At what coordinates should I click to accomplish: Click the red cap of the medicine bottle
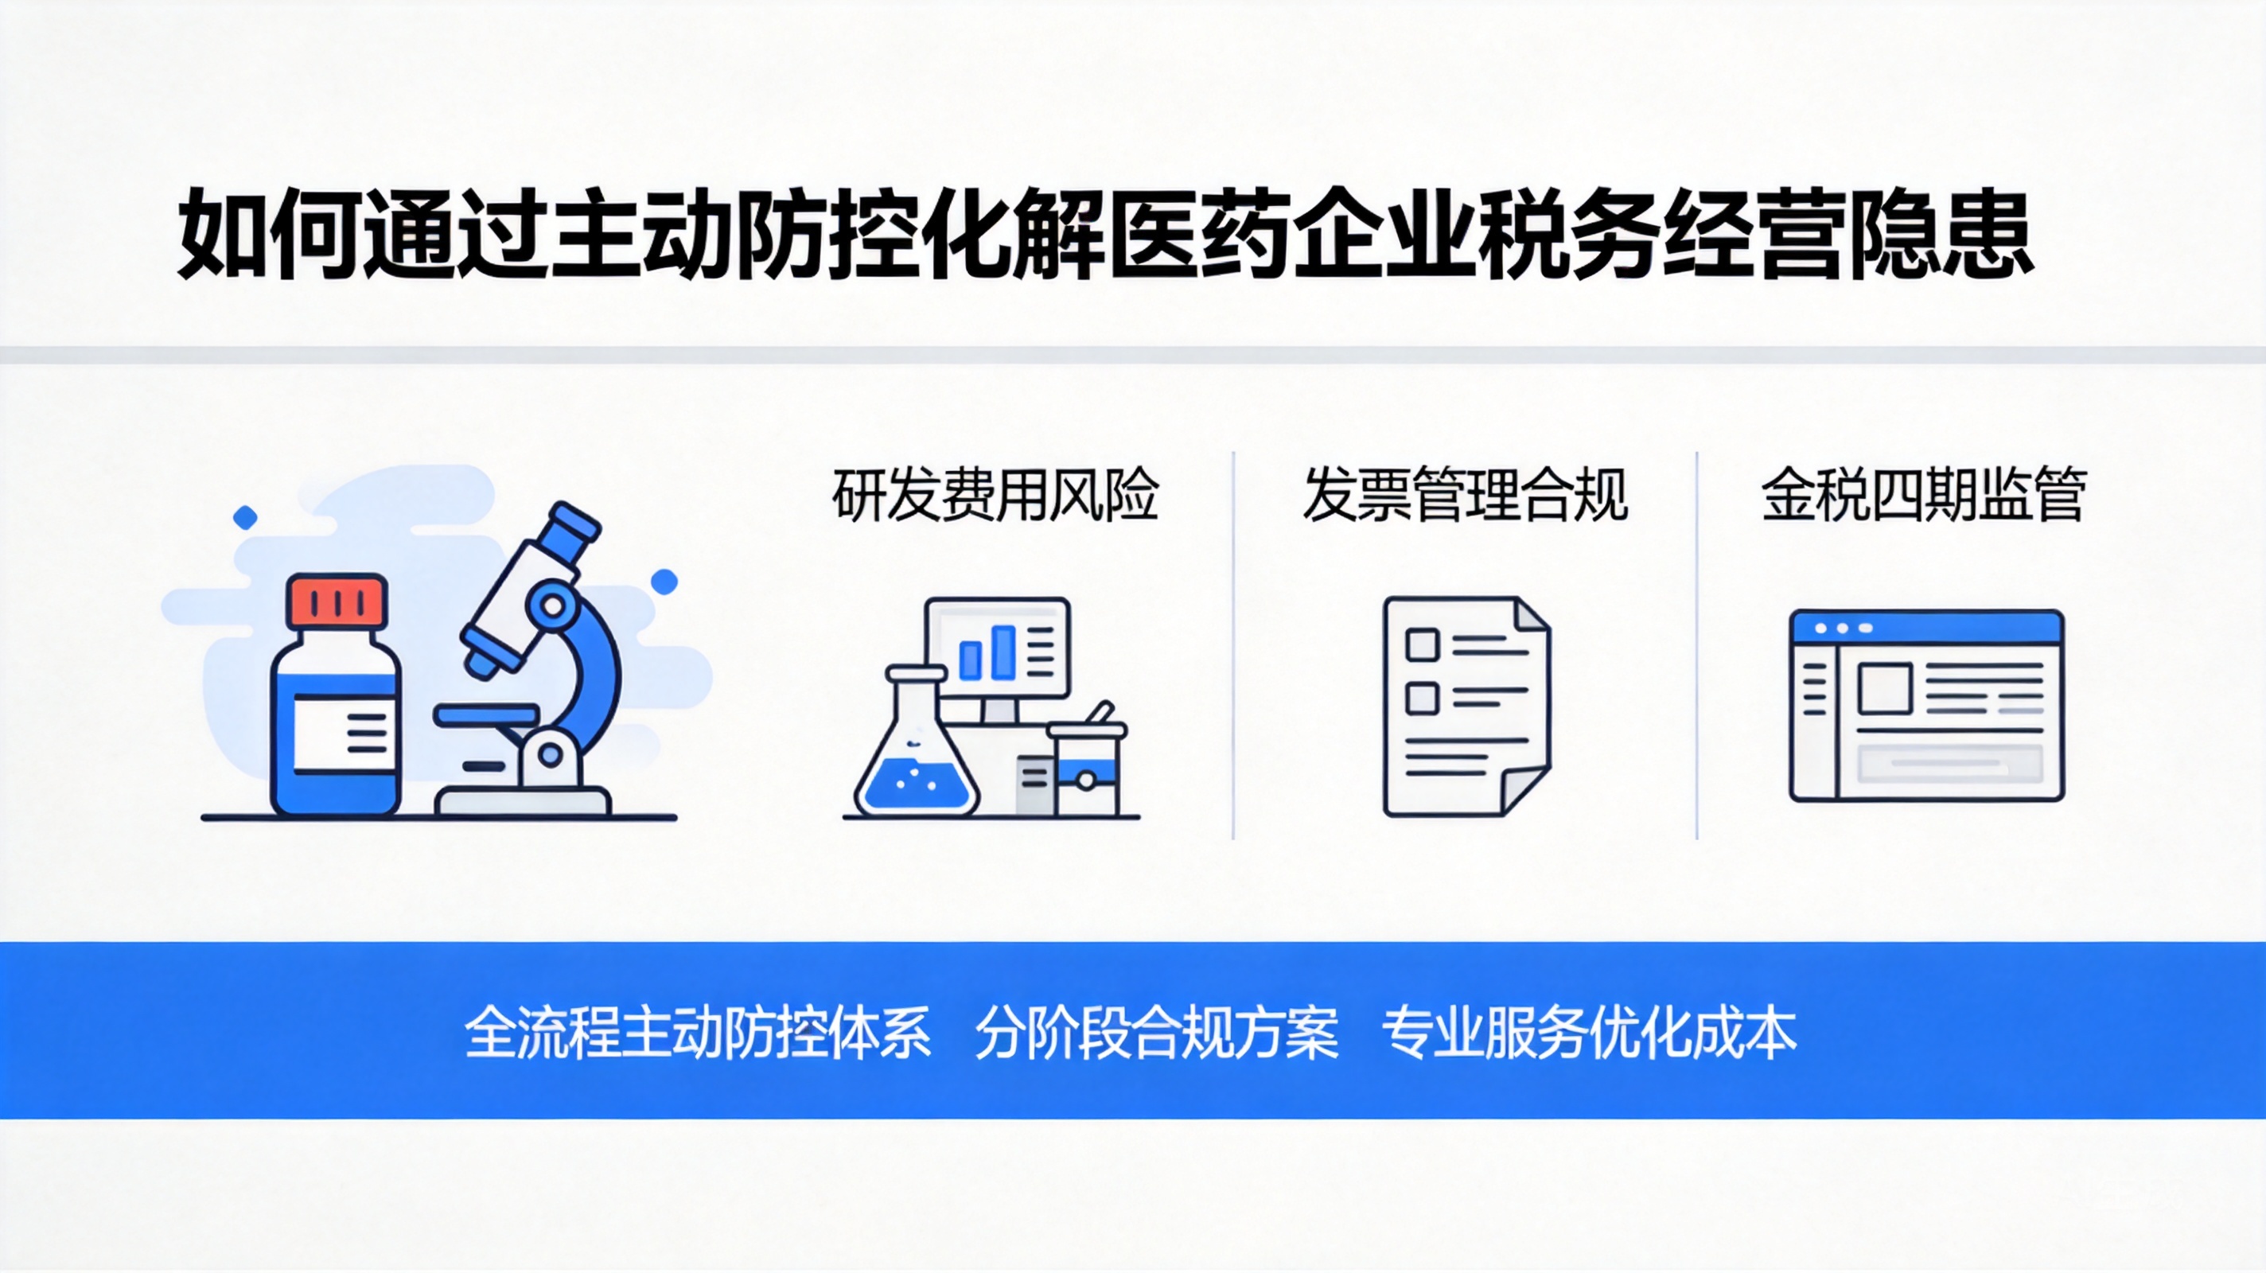(x=338, y=601)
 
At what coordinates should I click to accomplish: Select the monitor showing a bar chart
(x=998, y=648)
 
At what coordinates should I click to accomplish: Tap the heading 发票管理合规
(x=1465, y=496)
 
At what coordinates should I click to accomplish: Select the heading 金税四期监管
(x=1924, y=496)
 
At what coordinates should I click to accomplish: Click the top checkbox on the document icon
(x=1422, y=644)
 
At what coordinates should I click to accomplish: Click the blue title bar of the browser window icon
(x=1926, y=627)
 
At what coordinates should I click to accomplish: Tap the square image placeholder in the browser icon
(x=1884, y=688)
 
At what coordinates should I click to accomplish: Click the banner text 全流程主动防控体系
(x=698, y=1032)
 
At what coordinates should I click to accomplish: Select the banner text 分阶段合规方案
(x=1157, y=1032)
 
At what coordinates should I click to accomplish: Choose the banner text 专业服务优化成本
(x=1589, y=1032)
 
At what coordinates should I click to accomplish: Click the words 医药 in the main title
(x=1198, y=234)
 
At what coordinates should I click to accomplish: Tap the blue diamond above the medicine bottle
(x=245, y=517)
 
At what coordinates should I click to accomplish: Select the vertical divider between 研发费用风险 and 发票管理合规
(x=1233, y=645)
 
